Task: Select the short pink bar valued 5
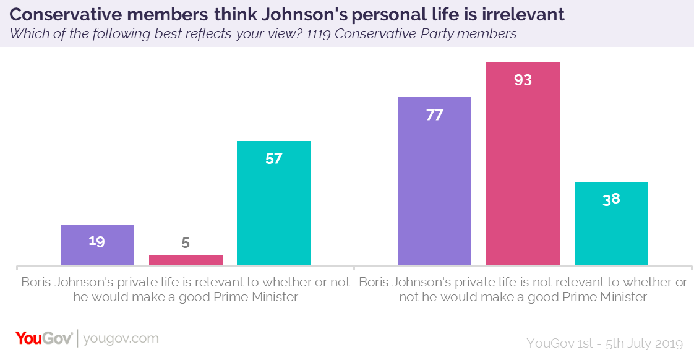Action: click(186, 260)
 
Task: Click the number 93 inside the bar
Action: click(523, 80)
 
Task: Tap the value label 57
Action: click(274, 158)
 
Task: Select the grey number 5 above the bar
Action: click(186, 243)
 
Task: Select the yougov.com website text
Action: click(121, 339)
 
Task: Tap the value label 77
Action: click(434, 115)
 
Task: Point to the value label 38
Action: click(611, 200)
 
